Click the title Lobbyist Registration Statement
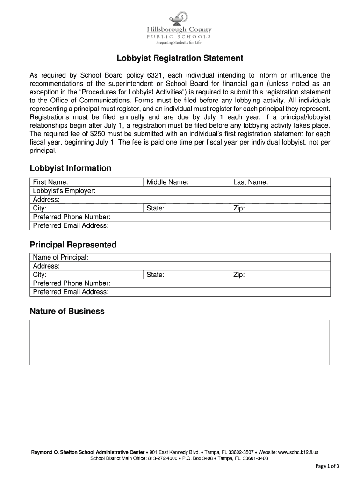click(180, 58)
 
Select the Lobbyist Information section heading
click(71, 168)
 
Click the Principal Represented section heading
click(73, 245)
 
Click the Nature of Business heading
click(67, 311)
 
